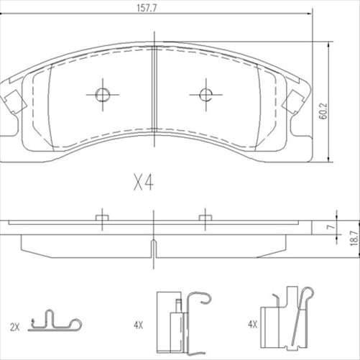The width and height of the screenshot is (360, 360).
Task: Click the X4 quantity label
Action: click(143, 183)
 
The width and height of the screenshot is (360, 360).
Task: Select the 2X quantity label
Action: click(16, 326)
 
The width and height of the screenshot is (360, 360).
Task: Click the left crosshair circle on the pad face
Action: click(101, 94)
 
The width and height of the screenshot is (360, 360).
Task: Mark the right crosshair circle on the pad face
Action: click(206, 94)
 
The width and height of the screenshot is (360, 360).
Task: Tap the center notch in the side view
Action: click(154, 248)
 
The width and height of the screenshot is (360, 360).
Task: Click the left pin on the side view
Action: click(101, 216)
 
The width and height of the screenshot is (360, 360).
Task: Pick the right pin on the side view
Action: click(206, 216)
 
